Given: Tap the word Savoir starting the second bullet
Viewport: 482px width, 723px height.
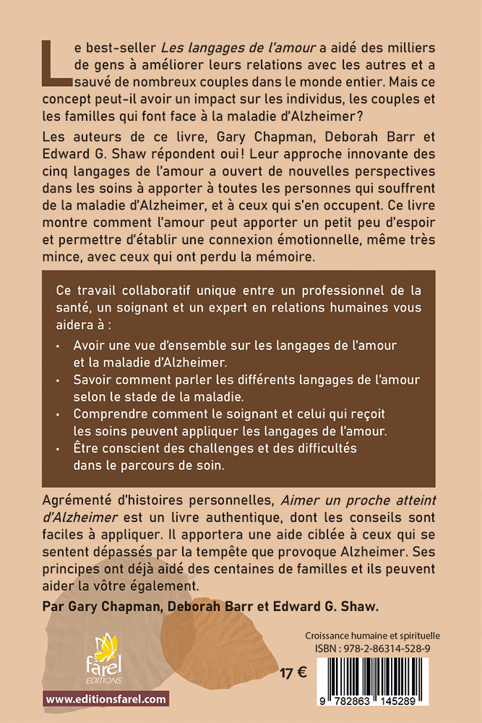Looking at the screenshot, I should point(91,380).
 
